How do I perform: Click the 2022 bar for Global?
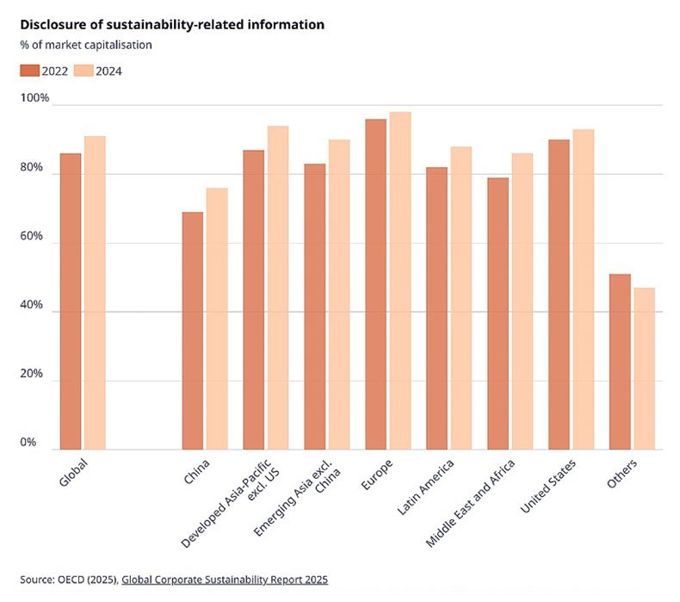pos(71,301)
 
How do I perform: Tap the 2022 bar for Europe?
pos(376,284)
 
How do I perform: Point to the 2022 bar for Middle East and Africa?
pos(498,313)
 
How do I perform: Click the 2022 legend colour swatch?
pos(29,71)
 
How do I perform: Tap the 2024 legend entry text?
pos(108,71)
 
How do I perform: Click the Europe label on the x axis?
pos(378,475)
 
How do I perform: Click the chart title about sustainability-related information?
pos(172,25)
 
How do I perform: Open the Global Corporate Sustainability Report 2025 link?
pos(225,580)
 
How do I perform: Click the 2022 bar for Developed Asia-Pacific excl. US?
pos(254,300)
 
